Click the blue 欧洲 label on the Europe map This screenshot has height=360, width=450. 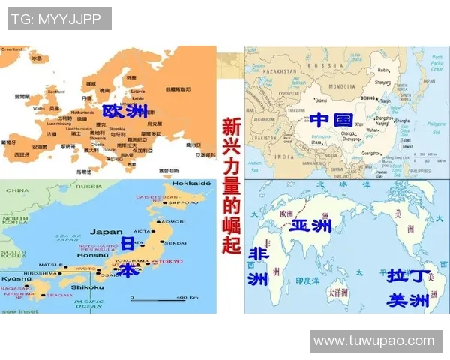124,112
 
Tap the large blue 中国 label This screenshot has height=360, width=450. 331,119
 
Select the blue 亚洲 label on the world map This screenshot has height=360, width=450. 310,225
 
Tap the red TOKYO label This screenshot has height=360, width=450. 171,261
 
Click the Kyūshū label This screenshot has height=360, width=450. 16,277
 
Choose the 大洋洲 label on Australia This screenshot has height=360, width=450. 340,290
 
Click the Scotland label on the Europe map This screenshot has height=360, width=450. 56,91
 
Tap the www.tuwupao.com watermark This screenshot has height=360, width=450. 373,341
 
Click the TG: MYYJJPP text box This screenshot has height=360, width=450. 59,18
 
